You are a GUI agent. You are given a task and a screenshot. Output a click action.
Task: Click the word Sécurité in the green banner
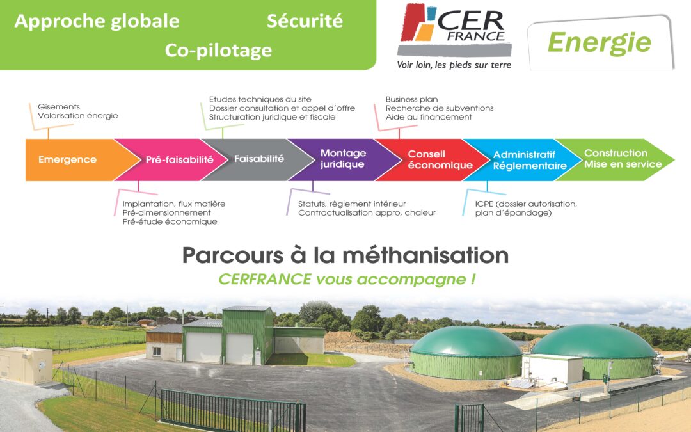click(x=305, y=20)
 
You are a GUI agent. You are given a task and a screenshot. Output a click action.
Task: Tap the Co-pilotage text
click(x=218, y=51)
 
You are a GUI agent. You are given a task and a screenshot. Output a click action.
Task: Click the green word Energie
click(x=599, y=44)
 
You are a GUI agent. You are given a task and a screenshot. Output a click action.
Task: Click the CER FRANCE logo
click(x=455, y=30)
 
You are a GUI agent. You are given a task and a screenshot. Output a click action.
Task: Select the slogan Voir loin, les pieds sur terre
click(x=454, y=65)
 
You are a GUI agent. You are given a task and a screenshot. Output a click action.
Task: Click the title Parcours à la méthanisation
click(x=345, y=255)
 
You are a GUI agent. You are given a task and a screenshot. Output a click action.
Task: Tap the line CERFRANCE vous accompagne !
click(x=347, y=279)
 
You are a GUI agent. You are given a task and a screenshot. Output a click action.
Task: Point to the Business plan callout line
click(x=411, y=99)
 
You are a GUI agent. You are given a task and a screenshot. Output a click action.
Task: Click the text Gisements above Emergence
click(x=59, y=107)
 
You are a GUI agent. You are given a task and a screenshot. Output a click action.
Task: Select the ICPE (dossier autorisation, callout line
click(x=526, y=204)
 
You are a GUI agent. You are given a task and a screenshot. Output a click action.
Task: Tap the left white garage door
click(x=203, y=348)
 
